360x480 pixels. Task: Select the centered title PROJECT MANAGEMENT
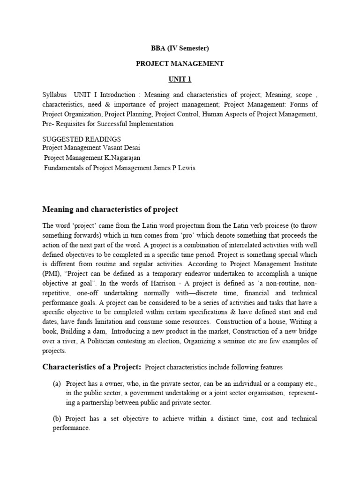click(x=180, y=64)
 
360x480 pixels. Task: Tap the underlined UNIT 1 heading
click(x=180, y=79)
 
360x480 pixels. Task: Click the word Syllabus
click(x=54, y=94)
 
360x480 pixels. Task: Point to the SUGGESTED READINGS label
click(x=82, y=139)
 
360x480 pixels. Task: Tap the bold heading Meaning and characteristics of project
click(x=110, y=209)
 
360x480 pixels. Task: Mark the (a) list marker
click(x=57, y=383)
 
